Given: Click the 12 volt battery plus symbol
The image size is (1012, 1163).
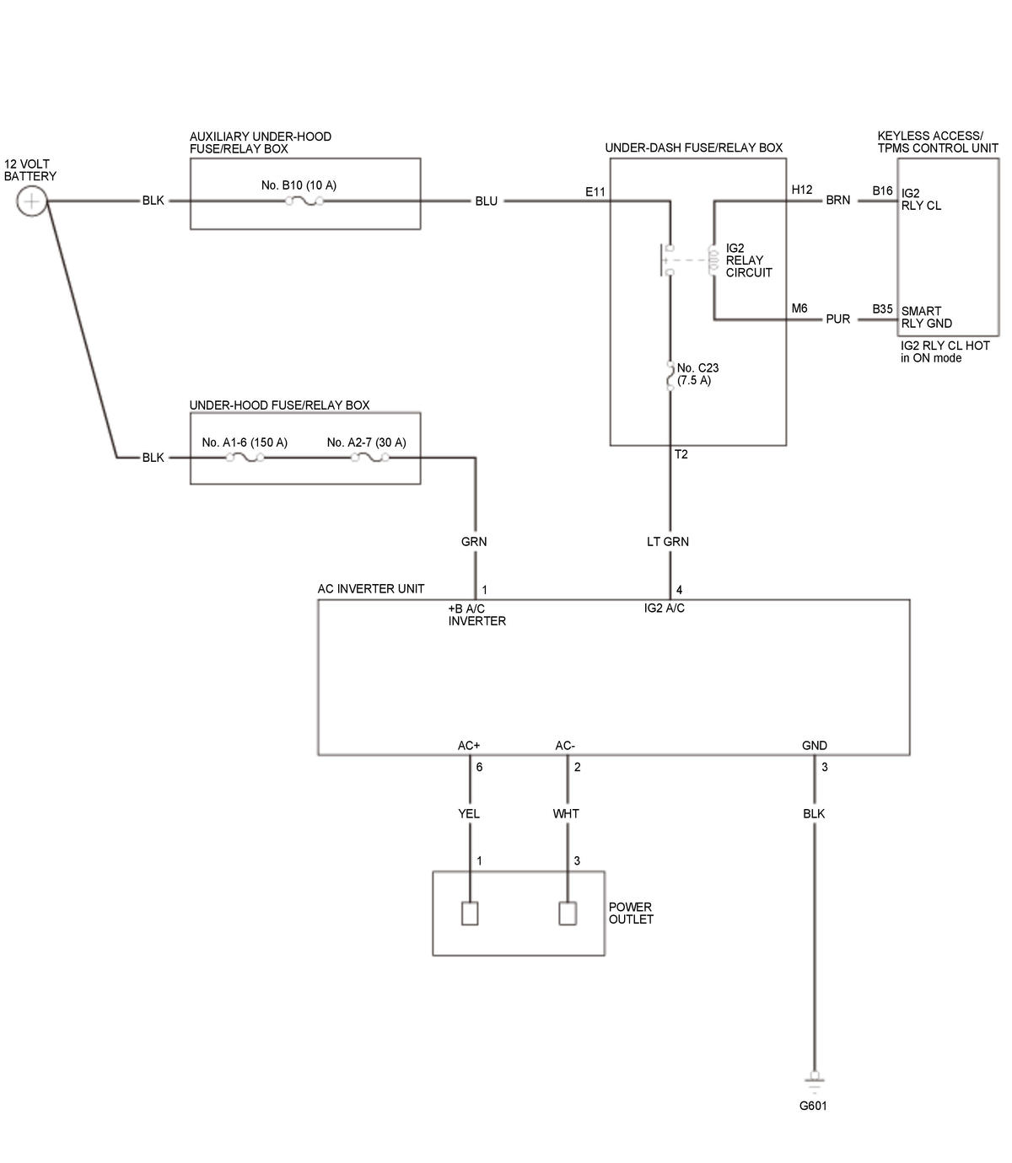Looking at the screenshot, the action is click(x=32, y=201).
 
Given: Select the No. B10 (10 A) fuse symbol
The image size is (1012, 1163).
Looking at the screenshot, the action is click(x=304, y=201).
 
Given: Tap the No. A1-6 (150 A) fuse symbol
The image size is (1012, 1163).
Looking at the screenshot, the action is click(x=245, y=457).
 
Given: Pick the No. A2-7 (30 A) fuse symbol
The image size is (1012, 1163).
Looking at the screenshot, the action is click(x=369, y=457).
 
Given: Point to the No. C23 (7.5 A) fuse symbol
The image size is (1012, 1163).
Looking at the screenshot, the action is click(x=670, y=376).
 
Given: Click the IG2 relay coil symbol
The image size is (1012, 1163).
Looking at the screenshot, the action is click(x=713, y=260).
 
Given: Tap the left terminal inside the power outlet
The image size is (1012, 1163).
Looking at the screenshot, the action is click(x=469, y=914).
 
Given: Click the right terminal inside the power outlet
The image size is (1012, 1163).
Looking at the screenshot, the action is click(x=568, y=914).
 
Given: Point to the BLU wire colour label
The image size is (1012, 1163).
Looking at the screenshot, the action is click(x=487, y=201).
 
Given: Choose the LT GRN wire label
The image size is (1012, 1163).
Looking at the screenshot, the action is click(x=668, y=542).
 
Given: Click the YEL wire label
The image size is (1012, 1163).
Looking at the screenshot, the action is click(x=469, y=814).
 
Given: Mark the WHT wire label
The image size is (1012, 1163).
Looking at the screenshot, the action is click(x=566, y=814).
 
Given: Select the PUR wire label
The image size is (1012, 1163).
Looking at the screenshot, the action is click(x=838, y=319).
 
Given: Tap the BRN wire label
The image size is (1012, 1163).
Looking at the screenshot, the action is click(x=838, y=200).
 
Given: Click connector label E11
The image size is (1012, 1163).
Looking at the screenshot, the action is click(x=595, y=192).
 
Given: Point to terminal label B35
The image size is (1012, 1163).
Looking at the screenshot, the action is click(x=882, y=309).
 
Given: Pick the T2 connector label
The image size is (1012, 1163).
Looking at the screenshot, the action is click(x=681, y=455).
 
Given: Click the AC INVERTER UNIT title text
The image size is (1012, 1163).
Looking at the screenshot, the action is click(x=371, y=589).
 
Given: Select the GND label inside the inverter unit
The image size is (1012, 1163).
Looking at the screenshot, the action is click(x=815, y=746).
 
